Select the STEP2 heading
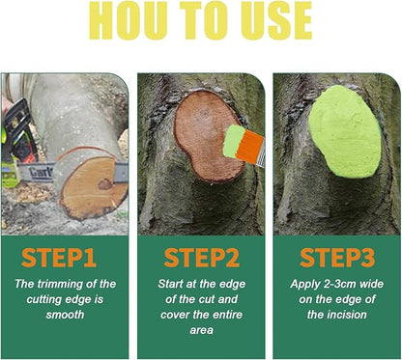tap(200, 259)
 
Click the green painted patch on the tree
tap(344, 129)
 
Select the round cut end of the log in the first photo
tap(94, 186)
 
